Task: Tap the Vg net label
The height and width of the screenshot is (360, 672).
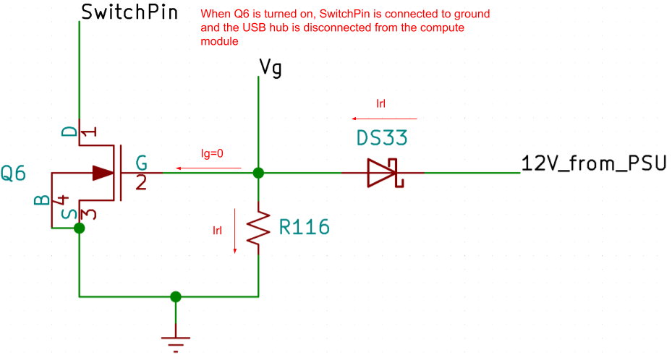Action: point(270,69)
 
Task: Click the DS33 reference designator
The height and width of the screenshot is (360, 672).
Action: point(381,137)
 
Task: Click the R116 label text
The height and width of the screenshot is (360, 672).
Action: point(304,228)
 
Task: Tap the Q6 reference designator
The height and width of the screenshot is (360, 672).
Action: point(13,173)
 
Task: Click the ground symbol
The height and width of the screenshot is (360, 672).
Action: point(176,340)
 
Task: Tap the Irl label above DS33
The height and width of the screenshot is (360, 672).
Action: point(381,104)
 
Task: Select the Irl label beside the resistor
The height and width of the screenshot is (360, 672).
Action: point(217,231)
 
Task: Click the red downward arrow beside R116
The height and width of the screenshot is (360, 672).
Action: point(235,231)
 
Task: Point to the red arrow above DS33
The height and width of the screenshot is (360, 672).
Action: point(384,118)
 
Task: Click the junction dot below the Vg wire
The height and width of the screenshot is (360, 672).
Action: point(258,173)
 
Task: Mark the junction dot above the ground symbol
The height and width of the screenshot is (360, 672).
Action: point(176,296)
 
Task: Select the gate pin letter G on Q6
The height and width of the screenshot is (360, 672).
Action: point(141,162)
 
